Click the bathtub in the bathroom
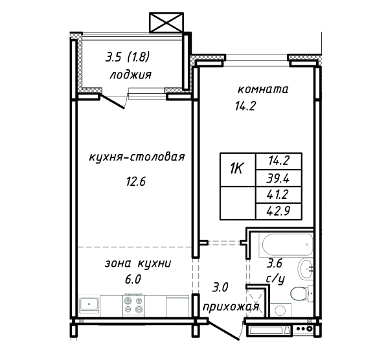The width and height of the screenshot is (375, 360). tap(286, 245)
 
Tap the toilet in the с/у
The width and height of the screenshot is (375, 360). tap(302, 293)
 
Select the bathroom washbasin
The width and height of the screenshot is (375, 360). tap(306, 269)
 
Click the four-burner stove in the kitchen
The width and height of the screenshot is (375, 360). tap(133, 306)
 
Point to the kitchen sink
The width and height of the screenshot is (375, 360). tap(89, 305)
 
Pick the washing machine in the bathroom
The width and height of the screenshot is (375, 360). tap(280, 310)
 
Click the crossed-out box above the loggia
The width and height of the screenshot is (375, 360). tap(166, 23)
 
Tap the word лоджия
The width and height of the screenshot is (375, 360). tap(131, 75)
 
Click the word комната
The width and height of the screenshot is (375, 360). tap(263, 89)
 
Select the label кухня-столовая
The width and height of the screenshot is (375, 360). tap(137, 157)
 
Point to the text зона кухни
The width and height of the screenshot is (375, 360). tap(138, 264)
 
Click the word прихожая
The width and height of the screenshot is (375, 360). tap(231, 306)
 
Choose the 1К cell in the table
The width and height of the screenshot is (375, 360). tap(238, 170)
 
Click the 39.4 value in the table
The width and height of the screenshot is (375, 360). tap(278, 178)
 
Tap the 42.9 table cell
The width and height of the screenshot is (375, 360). tap(278, 211)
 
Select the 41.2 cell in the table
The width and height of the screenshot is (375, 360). tap(278, 195)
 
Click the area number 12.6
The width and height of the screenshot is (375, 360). tap(136, 182)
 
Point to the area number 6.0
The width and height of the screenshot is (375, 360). tap(133, 279)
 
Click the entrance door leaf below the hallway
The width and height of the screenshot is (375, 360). tap(223, 329)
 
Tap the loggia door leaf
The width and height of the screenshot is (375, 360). tap(112, 102)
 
